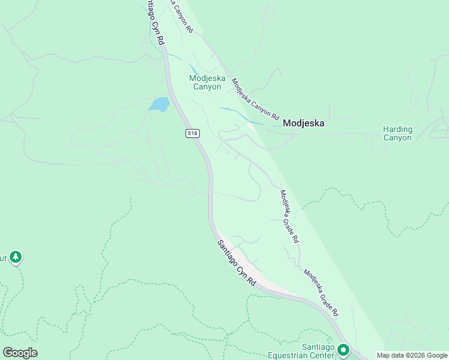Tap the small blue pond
coord(159,104)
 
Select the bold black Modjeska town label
coord(303,123)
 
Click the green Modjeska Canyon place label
coord(205,82)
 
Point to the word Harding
coord(397,129)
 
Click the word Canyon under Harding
coord(397,137)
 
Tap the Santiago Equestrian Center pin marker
coord(343,349)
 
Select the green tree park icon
coord(16,257)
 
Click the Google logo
coord(20,353)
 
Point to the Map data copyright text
coord(411,355)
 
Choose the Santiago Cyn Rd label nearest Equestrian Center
coord(237,262)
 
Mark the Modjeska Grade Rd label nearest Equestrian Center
coord(321,293)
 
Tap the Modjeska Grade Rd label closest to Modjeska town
coord(289,215)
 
